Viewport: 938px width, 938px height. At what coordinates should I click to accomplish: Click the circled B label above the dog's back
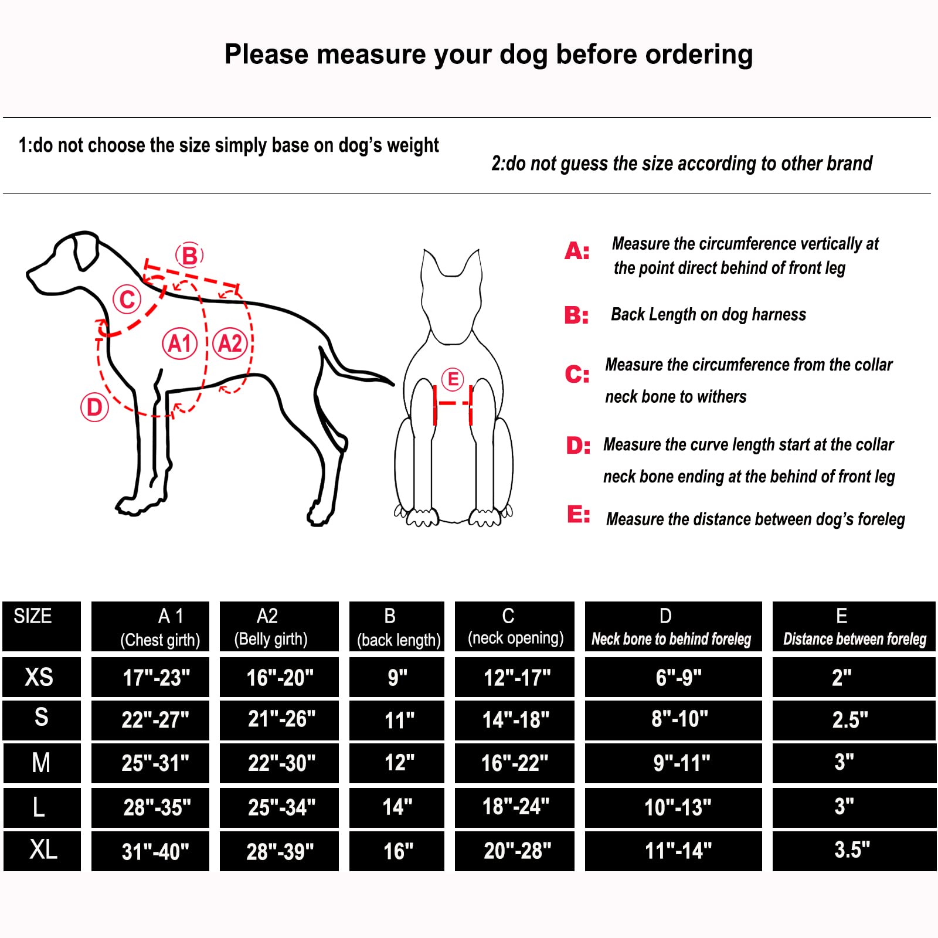(189, 256)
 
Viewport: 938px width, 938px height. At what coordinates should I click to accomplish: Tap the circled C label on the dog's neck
(127, 300)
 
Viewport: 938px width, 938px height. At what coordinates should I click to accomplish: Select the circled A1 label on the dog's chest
(179, 344)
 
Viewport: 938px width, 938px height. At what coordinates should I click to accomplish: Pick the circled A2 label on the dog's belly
(230, 344)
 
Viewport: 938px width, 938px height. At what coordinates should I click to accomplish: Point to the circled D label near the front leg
(94, 407)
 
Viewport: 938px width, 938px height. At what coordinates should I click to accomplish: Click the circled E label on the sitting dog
(453, 379)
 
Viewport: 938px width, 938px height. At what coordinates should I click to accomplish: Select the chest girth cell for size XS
(156, 678)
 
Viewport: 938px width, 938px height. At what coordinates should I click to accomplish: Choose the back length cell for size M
(399, 763)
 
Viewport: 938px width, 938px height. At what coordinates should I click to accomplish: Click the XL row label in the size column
(43, 850)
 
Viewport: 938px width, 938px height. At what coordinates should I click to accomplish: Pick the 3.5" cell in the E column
(852, 849)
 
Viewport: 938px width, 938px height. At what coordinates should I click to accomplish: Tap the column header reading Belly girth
(270, 638)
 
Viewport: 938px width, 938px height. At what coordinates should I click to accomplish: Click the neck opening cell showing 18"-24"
(515, 807)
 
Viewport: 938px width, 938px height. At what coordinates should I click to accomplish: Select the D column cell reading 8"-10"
(679, 719)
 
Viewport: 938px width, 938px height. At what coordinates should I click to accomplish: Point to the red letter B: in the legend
(576, 315)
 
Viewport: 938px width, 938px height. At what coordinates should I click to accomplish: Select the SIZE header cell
(33, 616)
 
